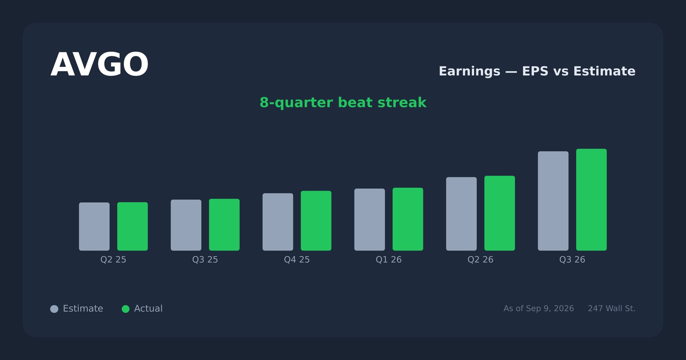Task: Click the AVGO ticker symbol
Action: pos(99,65)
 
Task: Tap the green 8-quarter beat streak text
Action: pos(343,102)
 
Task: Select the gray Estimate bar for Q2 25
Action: pos(94,227)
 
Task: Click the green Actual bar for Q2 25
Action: pos(132,226)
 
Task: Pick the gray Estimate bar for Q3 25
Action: pos(186,225)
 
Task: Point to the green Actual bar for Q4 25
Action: pos(316,221)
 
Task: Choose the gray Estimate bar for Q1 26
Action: pos(370,219)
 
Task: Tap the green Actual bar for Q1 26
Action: pos(408,219)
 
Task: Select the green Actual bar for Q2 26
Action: pos(499,213)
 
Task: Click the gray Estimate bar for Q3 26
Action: pos(553,201)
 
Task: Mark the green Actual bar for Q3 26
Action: pos(591,200)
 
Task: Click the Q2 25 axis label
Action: pos(113,260)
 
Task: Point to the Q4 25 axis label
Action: pos(297,260)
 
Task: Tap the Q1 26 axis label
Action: pos(388,260)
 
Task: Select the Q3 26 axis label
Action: pos(572,260)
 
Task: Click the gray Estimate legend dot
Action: pos(54,309)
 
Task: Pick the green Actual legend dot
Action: pos(126,309)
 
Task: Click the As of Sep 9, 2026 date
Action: pos(539,309)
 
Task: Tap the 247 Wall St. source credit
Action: pos(611,309)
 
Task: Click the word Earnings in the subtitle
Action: pos(469,71)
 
